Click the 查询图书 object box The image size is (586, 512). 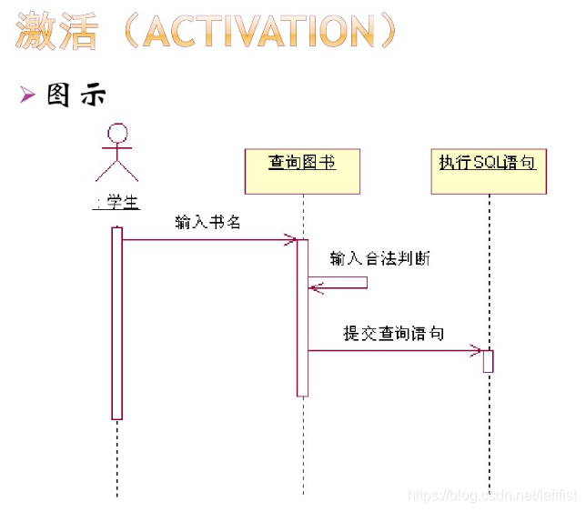[x=302, y=171]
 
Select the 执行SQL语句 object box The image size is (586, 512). [x=488, y=171]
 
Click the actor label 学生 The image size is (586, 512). [x=116, y=203]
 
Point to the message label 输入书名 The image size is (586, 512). [x=207, y=223]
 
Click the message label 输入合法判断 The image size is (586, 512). [x=379, y=259]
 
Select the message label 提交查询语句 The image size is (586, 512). [x=393, y=334]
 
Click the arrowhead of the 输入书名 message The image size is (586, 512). [x=291, y=240]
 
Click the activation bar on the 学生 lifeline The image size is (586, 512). [x=116, y=323]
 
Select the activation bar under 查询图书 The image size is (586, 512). [x=302, y=317]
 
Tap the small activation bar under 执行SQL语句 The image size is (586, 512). [x=488, y=361]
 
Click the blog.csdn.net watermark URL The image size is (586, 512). [x=491, y=496]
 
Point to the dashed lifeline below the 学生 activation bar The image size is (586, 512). [x=116, y=459]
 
